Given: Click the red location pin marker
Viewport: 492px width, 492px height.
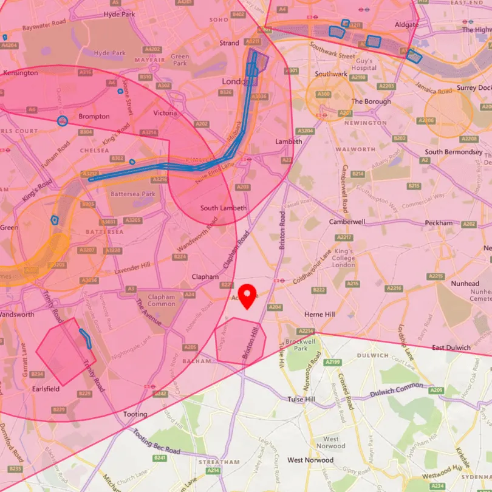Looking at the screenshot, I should click(x=247, y=296).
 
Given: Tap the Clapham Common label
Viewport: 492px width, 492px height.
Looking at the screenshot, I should click(x=161, y=301).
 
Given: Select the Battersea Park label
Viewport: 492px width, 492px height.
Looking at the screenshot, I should click(x=132, y=194).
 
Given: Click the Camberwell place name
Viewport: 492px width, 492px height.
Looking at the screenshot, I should click(x=347, y=222).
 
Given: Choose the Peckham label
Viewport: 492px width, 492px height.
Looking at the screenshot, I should click(x=439, y=223).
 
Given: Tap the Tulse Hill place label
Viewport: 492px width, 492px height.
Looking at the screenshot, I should click(x=302, y=399).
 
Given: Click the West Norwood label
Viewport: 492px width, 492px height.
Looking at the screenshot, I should click(x=310, y=460).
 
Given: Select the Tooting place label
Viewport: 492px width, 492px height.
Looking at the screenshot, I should click(x=135, y=414).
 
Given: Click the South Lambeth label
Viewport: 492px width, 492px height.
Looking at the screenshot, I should click(x=224, y=208).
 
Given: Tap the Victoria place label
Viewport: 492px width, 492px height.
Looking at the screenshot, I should click(x=165, y=113).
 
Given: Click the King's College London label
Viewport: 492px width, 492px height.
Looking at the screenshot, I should click(x=343, y=258).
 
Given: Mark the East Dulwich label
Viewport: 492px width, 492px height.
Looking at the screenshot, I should click(x=451, y=347).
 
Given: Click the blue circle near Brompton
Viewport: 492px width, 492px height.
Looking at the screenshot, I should click(x=62, y=121).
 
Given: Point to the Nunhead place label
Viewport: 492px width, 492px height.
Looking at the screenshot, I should click(x=465, y=284).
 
